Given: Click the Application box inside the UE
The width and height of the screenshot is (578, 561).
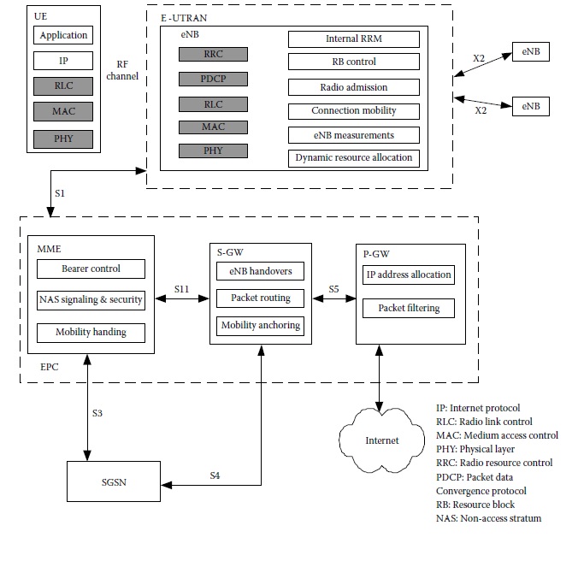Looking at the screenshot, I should pyautogui.click(x=63, y=36).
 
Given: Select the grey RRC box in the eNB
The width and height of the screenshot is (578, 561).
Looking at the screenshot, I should pyautogui.click(x=213, y=54).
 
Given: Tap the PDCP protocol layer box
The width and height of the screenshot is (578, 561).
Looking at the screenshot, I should pyautogui.click(x=213, y=79).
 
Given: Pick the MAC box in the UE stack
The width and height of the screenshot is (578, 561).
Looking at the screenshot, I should pyautogui.click(x=63, y=111).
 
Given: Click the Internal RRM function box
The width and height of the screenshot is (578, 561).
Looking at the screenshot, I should pyautogui.click(x=353, y=39).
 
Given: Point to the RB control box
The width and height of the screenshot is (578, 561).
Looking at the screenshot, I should pyautogui.click(x=353, y=62).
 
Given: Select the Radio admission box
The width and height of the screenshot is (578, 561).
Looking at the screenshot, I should pyautogui.click(x=353, y=86).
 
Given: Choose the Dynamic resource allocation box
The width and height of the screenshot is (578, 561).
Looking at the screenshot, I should pyautogui.click(x=353, y=157).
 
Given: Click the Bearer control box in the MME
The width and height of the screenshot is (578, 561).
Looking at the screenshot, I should pyautogui.click(x=91, y=269).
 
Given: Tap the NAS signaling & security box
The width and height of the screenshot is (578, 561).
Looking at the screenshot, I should pyautogui.click(x=91, y=300).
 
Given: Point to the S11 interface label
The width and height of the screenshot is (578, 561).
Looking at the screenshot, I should pyautogui.click(x=181, y=290).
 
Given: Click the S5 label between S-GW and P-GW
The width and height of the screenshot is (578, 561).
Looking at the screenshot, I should pyautogui.click(x=333, y=290).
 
